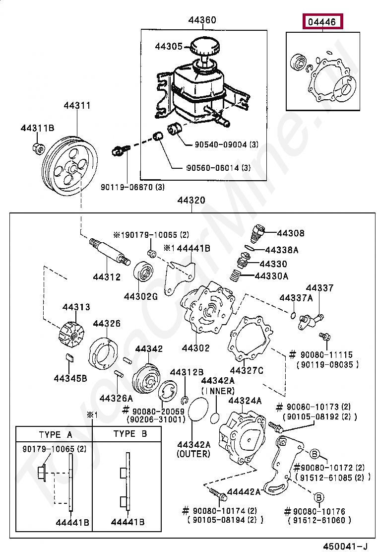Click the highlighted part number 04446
coord(322,22)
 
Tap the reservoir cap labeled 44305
coord(205,49)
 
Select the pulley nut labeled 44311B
coord(38,148)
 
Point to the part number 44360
coord(202,20)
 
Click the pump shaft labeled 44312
coord(109,251)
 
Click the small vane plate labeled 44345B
coord(69,358)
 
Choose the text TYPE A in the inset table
coord(55,435)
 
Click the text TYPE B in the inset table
coord(130,434)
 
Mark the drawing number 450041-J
coord(345,546)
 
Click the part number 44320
coord(191,200)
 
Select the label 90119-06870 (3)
coord(132,187)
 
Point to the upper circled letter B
coord(315,454)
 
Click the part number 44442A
coord(244,491)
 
